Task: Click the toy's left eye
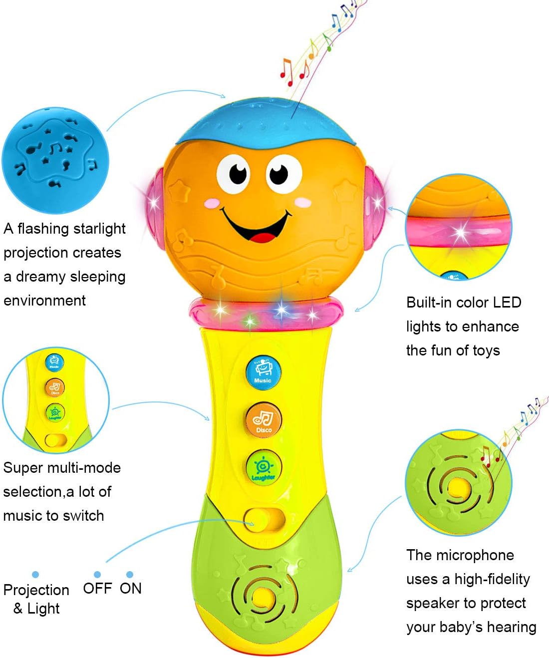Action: coord(234,172)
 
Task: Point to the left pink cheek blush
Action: coord(213,203)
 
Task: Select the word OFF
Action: coord(97,588)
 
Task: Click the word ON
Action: coord(130,588)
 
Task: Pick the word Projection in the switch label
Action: coord(36,590)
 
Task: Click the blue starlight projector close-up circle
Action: coord(55,160)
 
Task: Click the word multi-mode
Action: coord(88,468)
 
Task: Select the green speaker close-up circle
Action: coord(458,482)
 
